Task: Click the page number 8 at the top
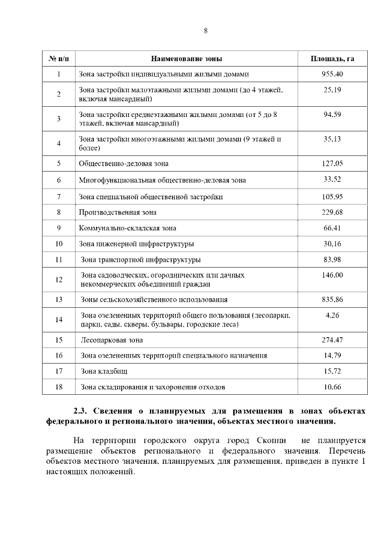click(x=205, y=31)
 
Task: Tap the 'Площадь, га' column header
click(x=332, y=59)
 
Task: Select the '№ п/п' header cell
click(x=59, y=59)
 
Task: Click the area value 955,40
click(x=332, y=74)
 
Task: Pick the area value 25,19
click(x=332, y=89)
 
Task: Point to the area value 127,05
click(x=332, y=163)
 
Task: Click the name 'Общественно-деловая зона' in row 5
click(x=124, y=163)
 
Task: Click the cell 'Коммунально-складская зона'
click(x=128, y=228)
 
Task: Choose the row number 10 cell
click(x=59, y=244)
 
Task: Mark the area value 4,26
click(x=332, y=314)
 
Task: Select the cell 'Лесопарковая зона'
click(x=112, y=340)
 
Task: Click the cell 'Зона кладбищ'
click(x=104, y=371)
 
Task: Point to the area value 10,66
click(x=332, y=387)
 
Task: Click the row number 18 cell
click(x=59, y=388)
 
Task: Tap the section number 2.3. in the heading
click(x=82, y=411)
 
